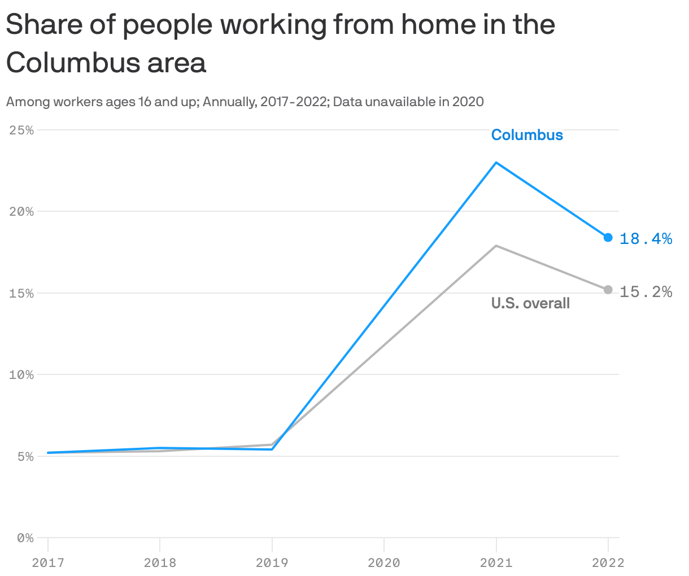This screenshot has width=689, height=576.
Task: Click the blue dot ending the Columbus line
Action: tap(608, 237)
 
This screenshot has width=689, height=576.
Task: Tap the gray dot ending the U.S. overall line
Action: tap(608, 290)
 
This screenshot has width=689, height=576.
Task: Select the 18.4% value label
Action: tap(646, 239)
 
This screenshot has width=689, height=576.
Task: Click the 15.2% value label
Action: tap(646, 292)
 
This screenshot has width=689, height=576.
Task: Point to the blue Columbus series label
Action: tap(527, 135)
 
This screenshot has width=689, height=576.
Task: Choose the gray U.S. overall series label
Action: tap(530, 303)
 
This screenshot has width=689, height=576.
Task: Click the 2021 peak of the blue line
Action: tap(496, 163)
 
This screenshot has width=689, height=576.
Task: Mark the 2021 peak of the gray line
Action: tap(496, 246)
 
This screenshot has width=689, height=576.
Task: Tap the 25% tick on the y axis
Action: tap(21, 130)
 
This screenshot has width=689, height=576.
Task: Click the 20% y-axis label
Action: tap(21, 212)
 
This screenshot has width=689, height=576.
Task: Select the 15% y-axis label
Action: tap(21, 294)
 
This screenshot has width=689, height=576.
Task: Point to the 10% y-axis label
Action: tap(21, 375)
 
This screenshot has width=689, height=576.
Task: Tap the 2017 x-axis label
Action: tap(48, 563)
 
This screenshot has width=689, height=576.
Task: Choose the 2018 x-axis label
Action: tap(160, 563)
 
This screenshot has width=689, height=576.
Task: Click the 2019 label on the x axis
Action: tap(272, 563)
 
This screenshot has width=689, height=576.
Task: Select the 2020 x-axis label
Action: tap(384, 563)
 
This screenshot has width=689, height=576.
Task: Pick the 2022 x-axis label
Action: tap(608, 563)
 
